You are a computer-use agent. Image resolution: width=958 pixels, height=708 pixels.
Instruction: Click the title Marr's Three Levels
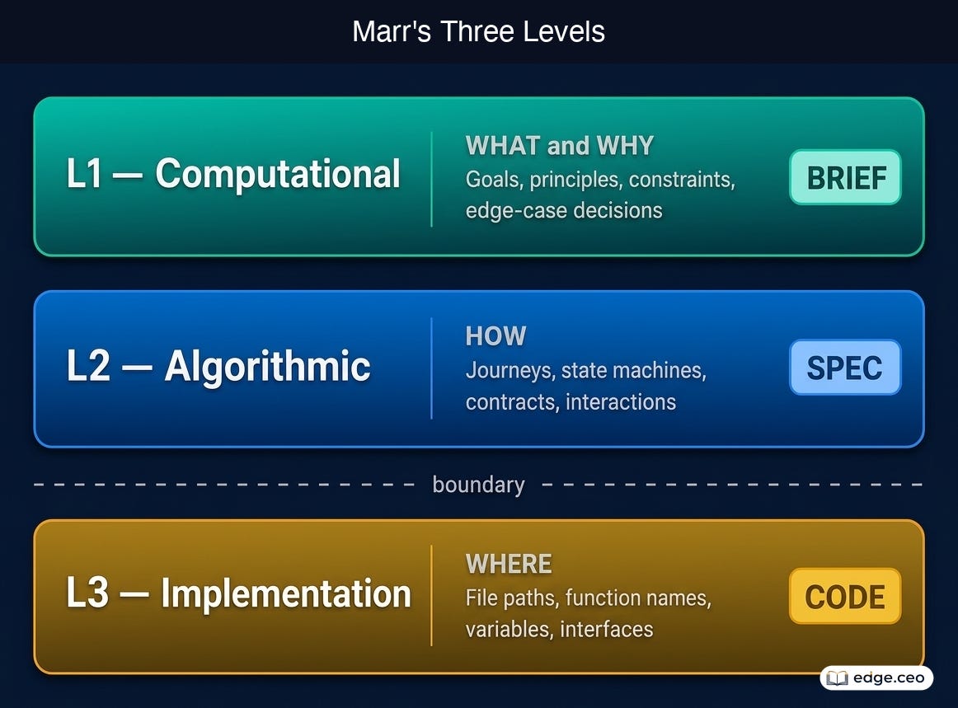(478, 32)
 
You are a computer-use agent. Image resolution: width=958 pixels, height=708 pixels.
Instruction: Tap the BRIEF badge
(845, 177)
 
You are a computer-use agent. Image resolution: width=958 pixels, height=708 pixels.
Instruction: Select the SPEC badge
(845, 367)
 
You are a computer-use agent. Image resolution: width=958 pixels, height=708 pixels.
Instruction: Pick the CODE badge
(845, 596)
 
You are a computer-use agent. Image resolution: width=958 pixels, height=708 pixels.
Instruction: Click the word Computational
(278, 174)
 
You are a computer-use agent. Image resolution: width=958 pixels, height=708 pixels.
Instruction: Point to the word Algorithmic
(268, 367)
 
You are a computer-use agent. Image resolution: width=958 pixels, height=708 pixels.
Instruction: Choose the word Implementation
(286, 593)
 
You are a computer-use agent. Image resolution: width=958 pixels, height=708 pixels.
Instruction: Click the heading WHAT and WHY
(560, 146)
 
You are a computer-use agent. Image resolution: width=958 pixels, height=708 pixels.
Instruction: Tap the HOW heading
(495, 336)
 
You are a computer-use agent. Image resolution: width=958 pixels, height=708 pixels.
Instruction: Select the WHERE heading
(509, 564)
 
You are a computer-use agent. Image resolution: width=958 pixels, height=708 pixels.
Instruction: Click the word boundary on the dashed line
(478, 485)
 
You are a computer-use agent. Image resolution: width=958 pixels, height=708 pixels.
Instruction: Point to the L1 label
(84, 174)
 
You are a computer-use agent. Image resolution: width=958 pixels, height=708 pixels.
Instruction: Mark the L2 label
(88, 367)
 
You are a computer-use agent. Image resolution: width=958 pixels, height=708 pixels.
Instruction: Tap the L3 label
(87, 593)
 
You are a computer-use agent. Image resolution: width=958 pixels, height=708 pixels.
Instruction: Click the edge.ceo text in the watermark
(889, 678)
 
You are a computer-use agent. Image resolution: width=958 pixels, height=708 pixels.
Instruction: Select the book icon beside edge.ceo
(837, 678)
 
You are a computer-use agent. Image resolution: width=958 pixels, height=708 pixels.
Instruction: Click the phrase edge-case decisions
(564, 211)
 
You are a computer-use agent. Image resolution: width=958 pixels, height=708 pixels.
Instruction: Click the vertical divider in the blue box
(431, 368)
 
